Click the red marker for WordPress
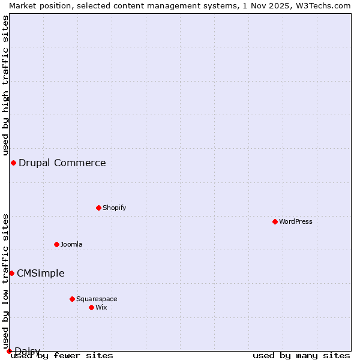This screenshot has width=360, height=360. coord(275,221)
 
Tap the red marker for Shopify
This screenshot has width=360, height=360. coord(98,208)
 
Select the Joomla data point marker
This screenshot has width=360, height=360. coord(56,244)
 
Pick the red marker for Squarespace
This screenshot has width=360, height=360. coord(72,299)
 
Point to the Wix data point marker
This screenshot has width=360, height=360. coord(91,307)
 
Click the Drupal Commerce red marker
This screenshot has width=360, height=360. coord(13,163)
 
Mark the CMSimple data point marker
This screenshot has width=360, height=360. coord(11,273)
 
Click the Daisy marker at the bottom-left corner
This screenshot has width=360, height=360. coord(9,351)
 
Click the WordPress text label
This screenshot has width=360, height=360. coord(296,221)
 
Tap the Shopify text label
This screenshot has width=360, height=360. coord(114,208)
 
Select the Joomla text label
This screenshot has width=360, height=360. coord(71,244)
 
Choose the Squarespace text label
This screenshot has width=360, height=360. coord(97,299)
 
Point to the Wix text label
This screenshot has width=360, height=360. coord(101,307)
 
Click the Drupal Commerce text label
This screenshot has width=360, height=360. coord(62,163)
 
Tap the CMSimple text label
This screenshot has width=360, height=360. coord(41,273)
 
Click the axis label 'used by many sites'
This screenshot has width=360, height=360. coord(301,355)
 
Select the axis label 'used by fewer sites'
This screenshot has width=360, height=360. coord(62,355)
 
